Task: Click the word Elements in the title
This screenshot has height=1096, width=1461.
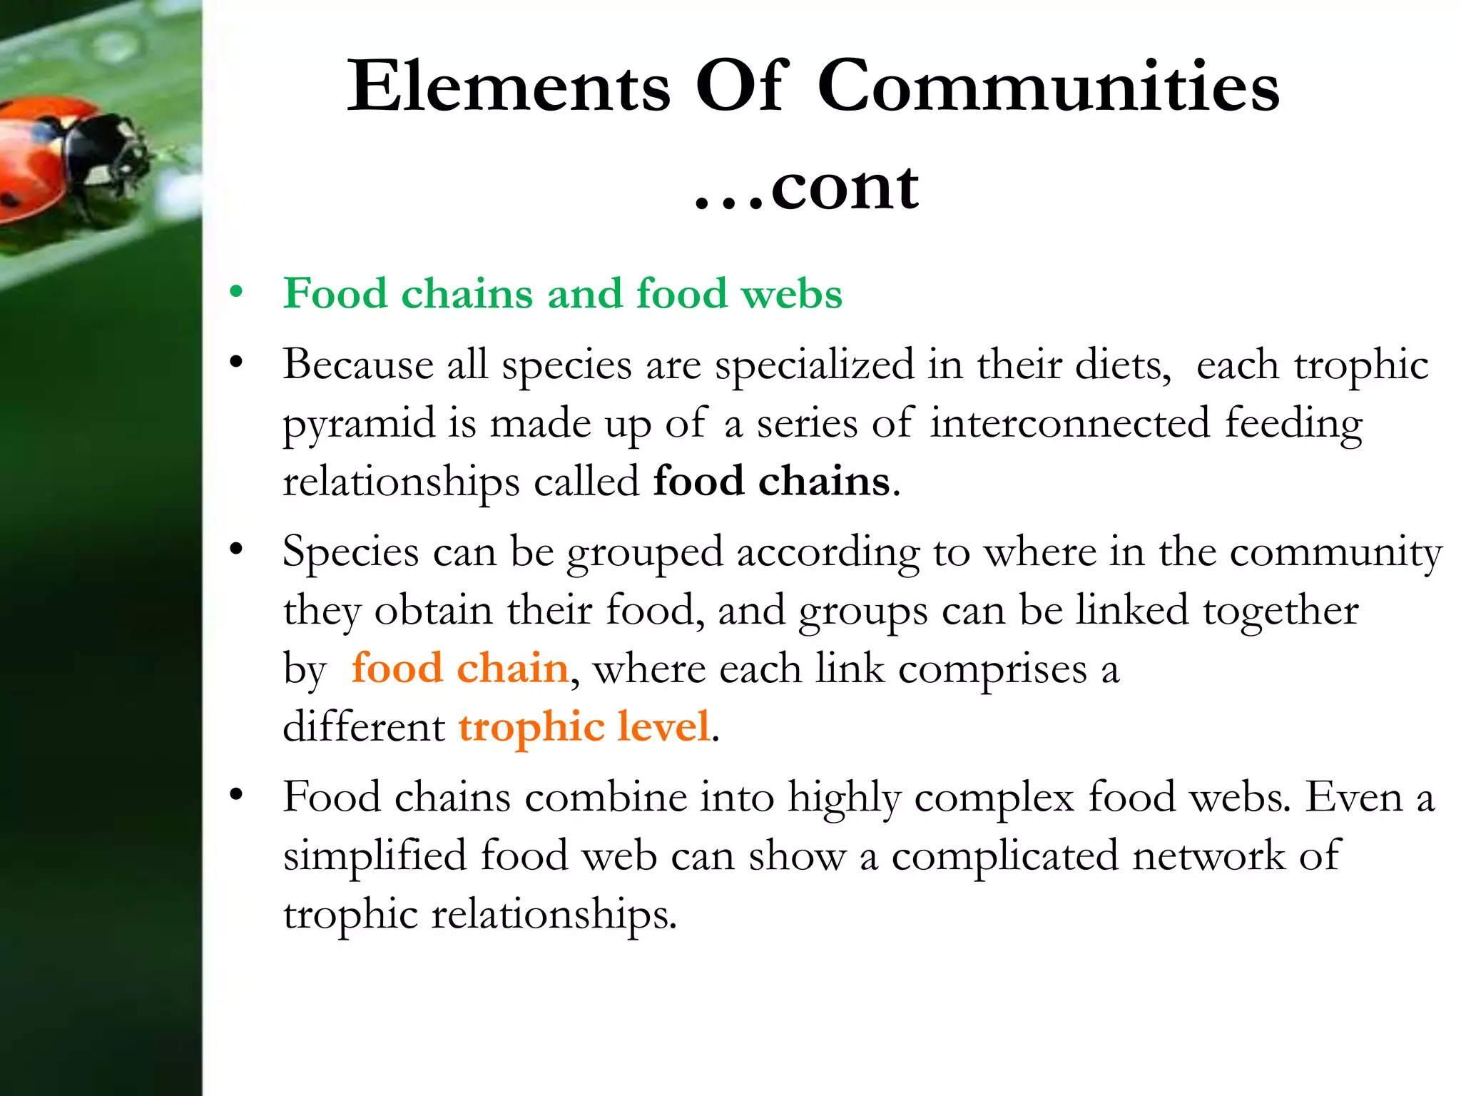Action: pos(509,87)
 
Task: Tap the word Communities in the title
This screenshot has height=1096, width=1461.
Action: pos(1048,87)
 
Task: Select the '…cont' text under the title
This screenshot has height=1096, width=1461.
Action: pos(806,187)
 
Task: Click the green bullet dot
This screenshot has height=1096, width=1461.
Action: pos(236,292)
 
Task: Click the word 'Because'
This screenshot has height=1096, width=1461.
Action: pos(358,365)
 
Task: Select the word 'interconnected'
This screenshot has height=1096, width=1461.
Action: pos(1070,423)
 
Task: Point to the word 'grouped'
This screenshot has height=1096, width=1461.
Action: pos(645,554)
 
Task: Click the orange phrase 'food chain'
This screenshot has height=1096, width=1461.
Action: pos(460,669)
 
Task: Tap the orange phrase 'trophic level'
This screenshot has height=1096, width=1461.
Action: pos(584,727)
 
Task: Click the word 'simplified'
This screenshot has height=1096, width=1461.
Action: pos(375,856)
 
